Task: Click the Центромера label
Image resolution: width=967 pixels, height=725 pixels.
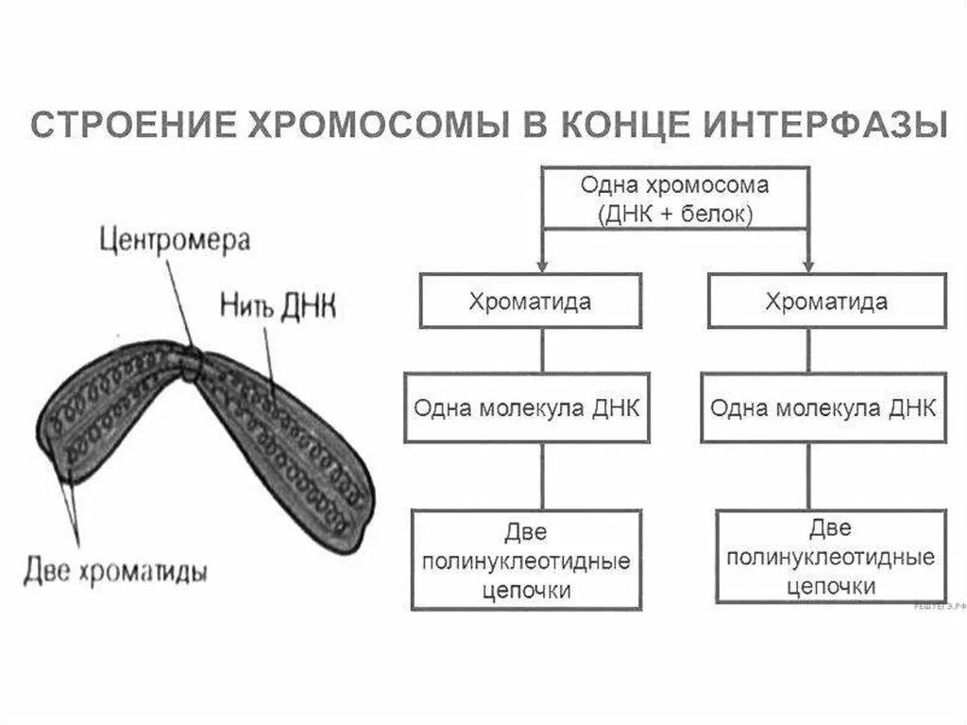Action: coord(176,240)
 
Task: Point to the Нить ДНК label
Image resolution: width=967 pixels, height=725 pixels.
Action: coord(279,306)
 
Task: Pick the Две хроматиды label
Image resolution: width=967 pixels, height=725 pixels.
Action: coord(115,572)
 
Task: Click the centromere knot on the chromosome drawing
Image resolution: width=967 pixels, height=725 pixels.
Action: coord(192,365)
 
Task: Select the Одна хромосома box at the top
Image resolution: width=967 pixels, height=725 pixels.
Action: coord(674,199)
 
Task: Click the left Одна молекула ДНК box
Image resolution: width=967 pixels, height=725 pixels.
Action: coord(527,408)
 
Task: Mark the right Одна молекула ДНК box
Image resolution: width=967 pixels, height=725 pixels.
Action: coord(823,408)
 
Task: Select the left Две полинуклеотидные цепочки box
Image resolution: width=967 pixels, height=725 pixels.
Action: coord(526,561)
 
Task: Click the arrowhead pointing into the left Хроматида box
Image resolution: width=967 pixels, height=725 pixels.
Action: coord(541,265)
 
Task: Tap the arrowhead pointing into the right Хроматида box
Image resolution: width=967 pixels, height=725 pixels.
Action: coord(809,265)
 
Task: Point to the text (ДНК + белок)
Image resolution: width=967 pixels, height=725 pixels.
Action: coord(674,215)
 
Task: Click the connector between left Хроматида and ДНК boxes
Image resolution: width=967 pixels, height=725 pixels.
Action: coord(542,350)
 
